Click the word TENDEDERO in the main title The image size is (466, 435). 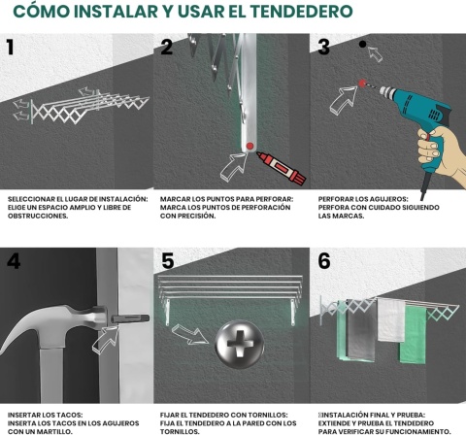pos(302,12)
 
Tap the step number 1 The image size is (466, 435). pos(11,47)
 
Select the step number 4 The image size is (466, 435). pos(14,261)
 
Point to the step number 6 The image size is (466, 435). pos(324,261)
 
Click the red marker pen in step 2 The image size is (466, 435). pos(282,168)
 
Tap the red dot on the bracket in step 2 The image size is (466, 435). pos(250,146)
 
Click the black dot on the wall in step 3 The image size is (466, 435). pos(363,44)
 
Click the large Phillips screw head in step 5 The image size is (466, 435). pos(240,344)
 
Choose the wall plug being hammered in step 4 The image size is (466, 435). pos(130,318)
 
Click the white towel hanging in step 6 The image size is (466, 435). pos(391,319)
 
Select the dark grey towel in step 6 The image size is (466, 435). pos(360,331)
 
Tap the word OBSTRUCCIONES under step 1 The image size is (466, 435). pos(38,216)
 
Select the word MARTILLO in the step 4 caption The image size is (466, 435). pos(55,431)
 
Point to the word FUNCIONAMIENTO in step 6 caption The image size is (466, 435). pos(417,431)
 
